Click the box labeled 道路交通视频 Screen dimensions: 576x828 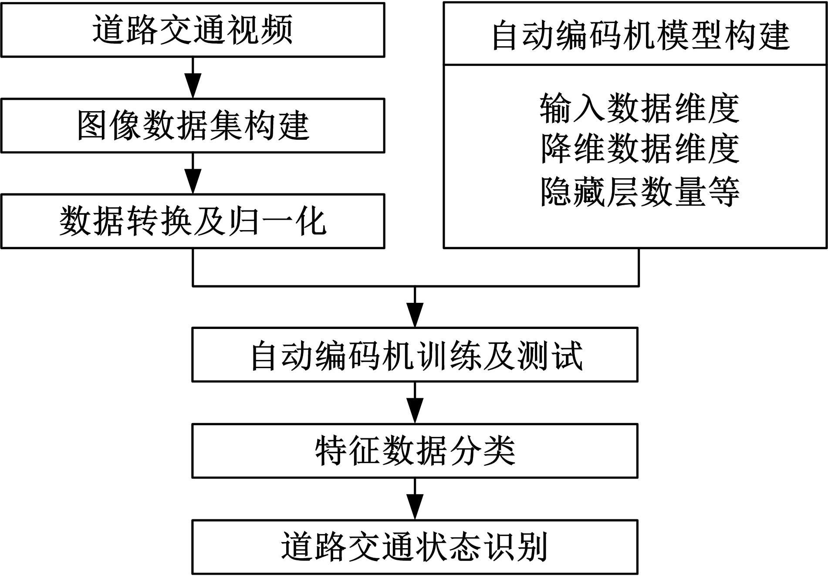point(193,30)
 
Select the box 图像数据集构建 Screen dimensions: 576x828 point(193,125)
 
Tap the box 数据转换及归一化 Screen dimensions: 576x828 point(193,221)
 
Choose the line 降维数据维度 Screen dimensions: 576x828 point(639,149)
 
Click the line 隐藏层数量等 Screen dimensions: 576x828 point(639,191)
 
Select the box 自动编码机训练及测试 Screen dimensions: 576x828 point(415,355)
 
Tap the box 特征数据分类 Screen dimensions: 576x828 point(415,451)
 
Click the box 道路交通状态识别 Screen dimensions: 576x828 point(415,546)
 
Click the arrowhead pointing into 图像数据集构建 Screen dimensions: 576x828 point(193,88)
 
